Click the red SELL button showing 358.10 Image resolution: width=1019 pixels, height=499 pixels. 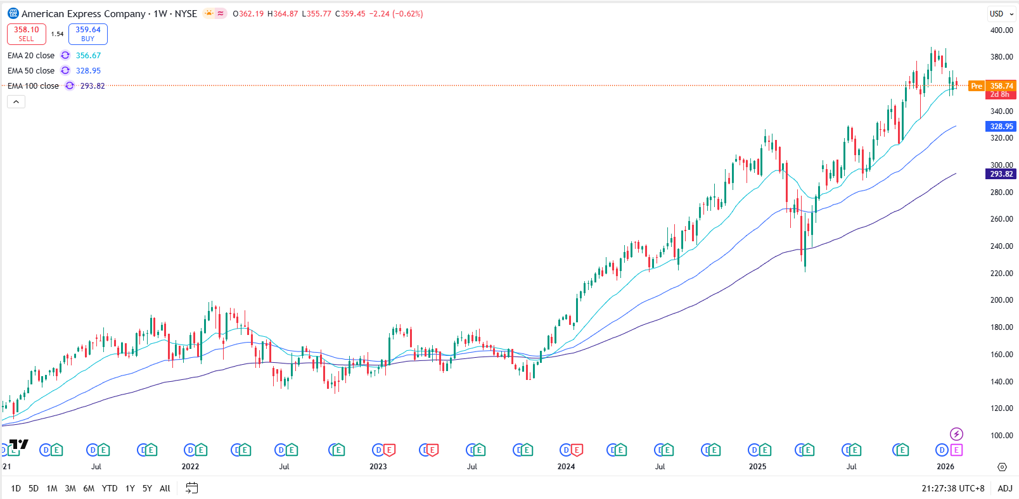point(27,34)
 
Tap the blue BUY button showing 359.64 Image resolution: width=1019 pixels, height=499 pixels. point(88,34)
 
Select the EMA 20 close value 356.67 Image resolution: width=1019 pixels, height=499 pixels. point(88,56)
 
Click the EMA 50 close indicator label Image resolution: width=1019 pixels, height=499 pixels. point(31,71)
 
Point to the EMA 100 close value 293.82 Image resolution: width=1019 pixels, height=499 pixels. point(93,86)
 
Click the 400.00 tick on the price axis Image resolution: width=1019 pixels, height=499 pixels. point(1001,30)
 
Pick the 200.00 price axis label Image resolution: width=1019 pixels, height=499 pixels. point(1001,300)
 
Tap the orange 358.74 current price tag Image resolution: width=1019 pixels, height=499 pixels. point(1001,86)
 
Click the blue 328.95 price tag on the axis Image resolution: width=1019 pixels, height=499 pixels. point(1001,127)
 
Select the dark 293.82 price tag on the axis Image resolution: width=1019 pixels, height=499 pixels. point(1001,174)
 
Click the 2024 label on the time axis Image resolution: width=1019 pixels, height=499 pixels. point(566,467)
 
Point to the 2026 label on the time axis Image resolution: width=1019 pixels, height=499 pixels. point(945,467)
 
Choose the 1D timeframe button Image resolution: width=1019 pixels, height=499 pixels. point(16,488)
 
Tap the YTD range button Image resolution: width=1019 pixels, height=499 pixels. point(110,488)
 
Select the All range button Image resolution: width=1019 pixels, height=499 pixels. point(165,488)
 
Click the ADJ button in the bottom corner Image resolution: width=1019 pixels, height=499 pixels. point(1004,488)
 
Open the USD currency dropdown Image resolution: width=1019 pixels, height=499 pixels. point(1001,14)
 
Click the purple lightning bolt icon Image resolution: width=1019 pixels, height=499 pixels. point(956,434)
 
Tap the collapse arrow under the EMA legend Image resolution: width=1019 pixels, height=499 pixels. point(16,102)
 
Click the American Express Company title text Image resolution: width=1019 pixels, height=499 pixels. point(83,14)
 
